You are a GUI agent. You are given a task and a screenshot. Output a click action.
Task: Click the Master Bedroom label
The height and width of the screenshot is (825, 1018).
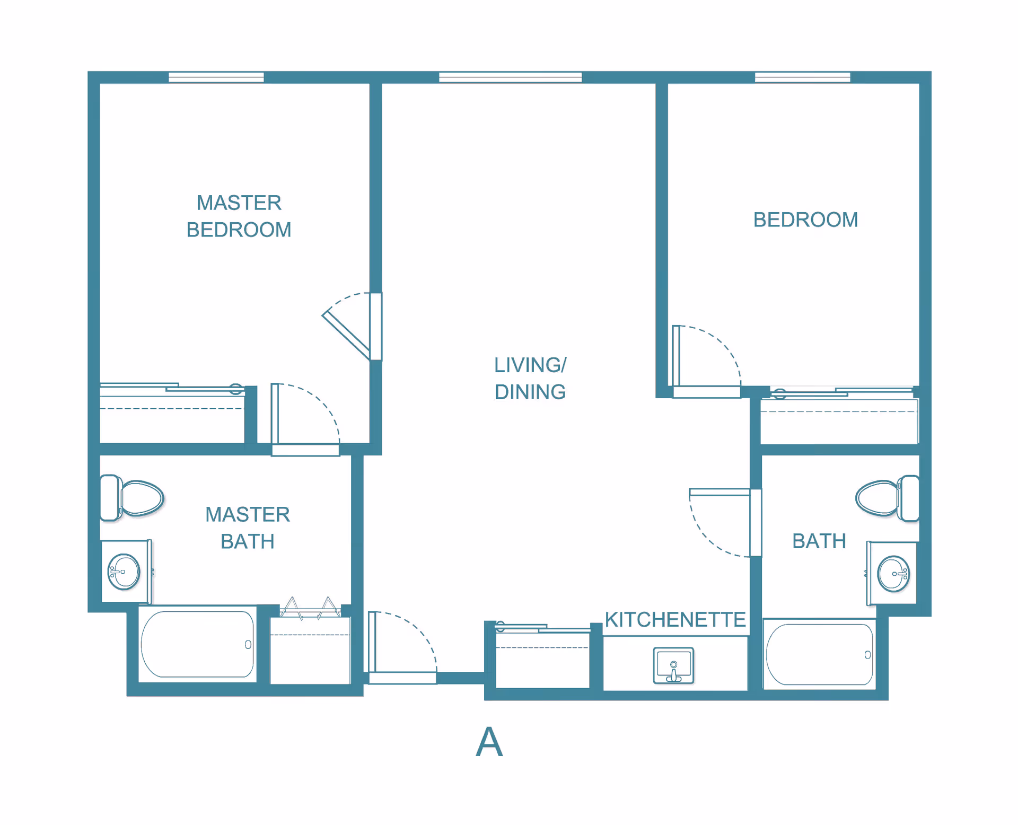(x=239, y=216)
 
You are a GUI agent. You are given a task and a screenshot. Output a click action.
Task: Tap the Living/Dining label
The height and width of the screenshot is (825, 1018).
(x=530, y=379)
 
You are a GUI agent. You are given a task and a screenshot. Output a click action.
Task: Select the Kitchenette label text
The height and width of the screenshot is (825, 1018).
(x=675, y=619)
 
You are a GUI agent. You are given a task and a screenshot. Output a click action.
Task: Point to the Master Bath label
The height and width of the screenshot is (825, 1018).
(x=248, y=528)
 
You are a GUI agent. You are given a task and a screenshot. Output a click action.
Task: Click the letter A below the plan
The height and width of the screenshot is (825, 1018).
(x=489, y=742)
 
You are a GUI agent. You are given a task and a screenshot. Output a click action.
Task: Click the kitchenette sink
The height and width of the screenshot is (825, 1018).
(x=673, y=665)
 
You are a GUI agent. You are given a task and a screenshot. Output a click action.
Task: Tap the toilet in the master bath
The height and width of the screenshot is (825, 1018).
(x=131, y=498)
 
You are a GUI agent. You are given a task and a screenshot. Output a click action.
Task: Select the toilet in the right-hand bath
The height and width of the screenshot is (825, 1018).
(x=887, y=498)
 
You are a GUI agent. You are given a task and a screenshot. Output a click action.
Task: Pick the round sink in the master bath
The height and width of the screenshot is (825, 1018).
(x=124, y=572)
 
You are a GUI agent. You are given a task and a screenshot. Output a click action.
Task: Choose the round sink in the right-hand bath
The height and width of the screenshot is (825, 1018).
(x=894, y=574)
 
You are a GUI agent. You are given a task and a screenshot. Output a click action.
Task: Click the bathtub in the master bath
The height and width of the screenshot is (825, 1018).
(x=197, y=644)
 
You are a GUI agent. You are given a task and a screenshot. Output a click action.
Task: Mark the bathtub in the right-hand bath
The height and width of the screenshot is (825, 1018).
(x=820, y=654)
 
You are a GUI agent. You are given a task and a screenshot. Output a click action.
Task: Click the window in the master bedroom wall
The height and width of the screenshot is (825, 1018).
(x=216, y=77)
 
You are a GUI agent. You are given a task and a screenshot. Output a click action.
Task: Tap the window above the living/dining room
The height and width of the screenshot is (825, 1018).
(x=510, y=77)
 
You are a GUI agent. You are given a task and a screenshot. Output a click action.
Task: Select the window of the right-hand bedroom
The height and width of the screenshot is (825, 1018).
(x=802, y=77)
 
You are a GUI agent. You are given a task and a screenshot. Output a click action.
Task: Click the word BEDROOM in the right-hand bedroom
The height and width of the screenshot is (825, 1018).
(x=805, y=220)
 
